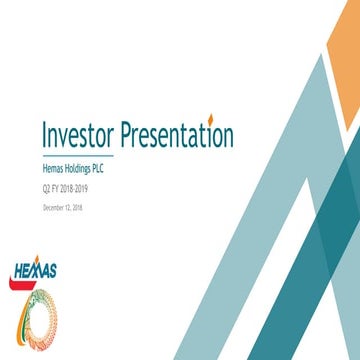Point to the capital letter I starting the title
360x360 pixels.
tap(44, 134)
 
